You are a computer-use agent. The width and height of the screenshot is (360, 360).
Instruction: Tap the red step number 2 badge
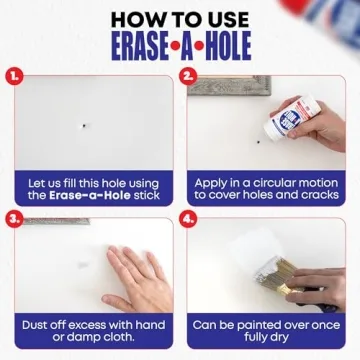point(188,73)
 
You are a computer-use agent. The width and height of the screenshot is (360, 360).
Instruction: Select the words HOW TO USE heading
point(180,16)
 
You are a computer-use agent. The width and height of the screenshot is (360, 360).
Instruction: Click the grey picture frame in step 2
point(229,86)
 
